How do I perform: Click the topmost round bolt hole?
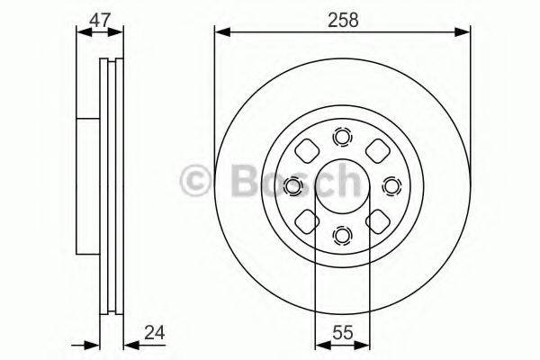[342, 137]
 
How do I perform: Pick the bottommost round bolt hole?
[342, 235]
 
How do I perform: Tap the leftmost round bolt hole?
[292, 186]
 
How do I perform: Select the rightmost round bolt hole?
[391, 186]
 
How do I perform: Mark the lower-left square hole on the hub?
[307, 221]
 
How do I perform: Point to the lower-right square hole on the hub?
[377, 221]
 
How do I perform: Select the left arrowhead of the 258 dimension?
[220, 32]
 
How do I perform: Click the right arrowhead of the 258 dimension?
[465, 32]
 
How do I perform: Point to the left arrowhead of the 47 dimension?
[81, 32]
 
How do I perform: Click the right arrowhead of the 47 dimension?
[121, 32]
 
